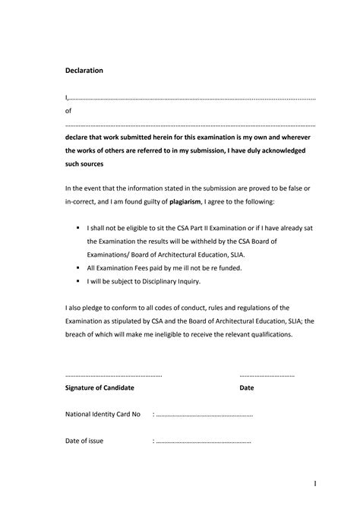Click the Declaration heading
pos(84,71)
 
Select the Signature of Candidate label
pos(100,387)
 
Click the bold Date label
pos(247,387)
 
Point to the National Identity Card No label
pos(103,415)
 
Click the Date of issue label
pos(84,441)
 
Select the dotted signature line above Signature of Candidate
pos(114,375)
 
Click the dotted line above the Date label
pos(267,375)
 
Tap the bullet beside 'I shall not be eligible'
pos(78,227)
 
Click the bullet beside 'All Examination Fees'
pos(78,268)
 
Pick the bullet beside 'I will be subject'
pos(78,281)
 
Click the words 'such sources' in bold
pos(84,164)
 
